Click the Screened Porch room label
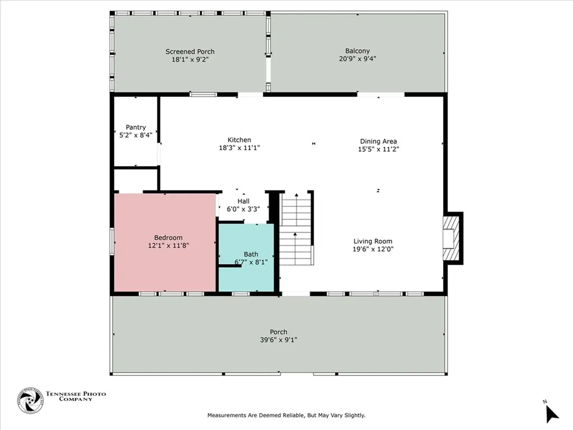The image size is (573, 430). pyautogui.click(x=190, y=52)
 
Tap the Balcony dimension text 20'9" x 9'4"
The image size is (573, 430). pyautogui.click(x=357, y=58)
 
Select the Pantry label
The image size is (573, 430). pyautogui.click(x=136, y=127)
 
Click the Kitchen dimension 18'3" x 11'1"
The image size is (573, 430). pyautogui.click(x=239, y=148)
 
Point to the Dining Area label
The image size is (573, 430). pyautogui.click(x=378, y=141)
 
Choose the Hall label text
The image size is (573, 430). pyautogui.click(x=243, y=201)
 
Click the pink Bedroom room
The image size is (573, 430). pyautogui.click(x=165, y=263)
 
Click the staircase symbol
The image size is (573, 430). pyautogui.click(x=296, y=230)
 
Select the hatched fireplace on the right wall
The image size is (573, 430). pyautogui.click(x=450, y=239)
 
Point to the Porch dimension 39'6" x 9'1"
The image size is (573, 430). pyautogui.click(x=278, y=339)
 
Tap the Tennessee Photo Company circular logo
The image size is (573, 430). pyautogui.click(x=30, y=401)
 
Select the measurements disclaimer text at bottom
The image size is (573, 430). pyautogui.click(x=286, y=415)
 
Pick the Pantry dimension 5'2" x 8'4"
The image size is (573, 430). pyautogui.click(x=136, y=135)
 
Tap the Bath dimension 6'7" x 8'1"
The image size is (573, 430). pyautogui.click(x=251, y=262)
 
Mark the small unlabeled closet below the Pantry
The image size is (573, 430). pyautogui.click(x=136, y=180)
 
